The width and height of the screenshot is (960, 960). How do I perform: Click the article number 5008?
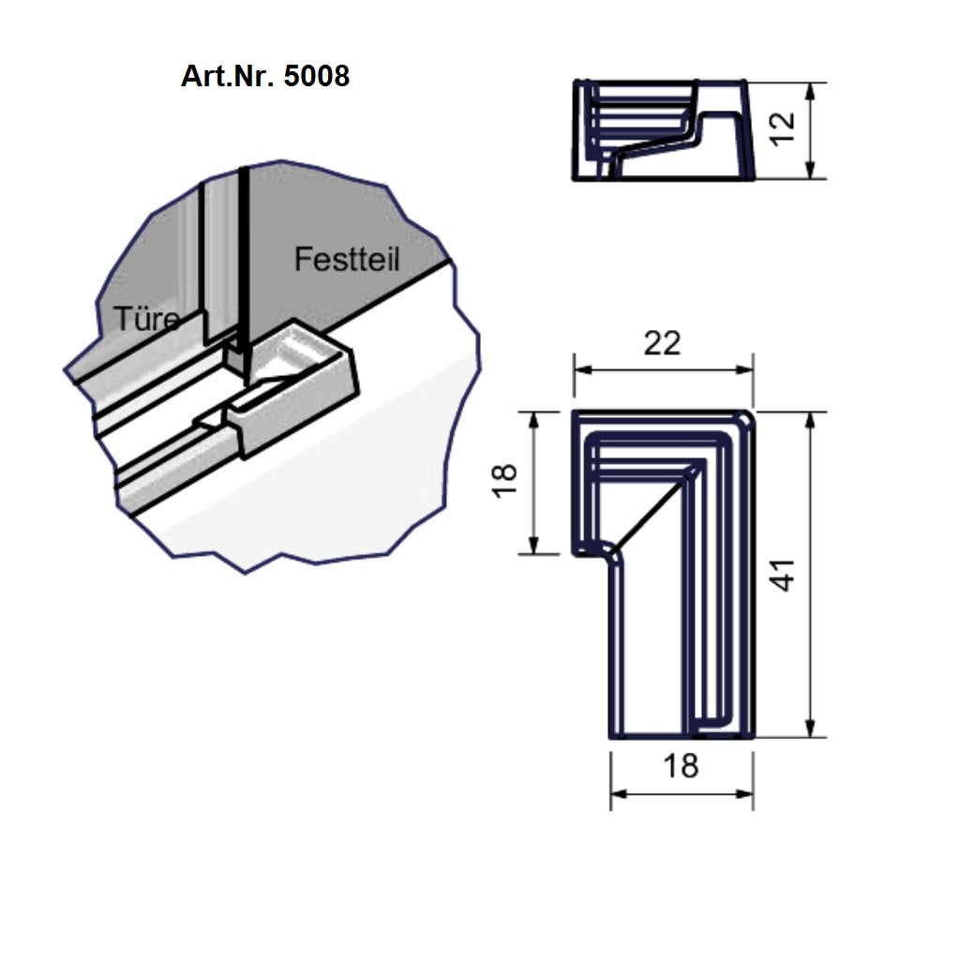pos(317,77)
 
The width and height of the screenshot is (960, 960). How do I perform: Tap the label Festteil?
pos(347,259)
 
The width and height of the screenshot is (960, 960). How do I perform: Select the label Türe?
pos(146,319)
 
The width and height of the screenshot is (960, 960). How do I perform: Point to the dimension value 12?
pos(782,129)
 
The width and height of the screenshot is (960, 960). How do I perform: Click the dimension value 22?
pos(662,343)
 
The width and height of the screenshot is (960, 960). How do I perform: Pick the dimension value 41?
pos(782,575)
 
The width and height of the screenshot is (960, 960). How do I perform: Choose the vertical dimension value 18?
pos(505,481)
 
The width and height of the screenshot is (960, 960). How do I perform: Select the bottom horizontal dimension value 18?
pos(681,766)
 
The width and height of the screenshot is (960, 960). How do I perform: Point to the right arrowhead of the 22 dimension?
pos(743,369)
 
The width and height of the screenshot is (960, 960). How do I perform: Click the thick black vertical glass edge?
pos(245,275)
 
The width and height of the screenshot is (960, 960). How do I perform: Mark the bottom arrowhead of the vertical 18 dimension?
pos(533,545)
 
